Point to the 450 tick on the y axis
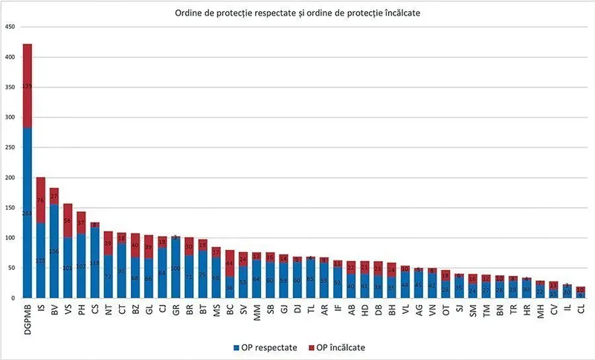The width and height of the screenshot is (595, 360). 10,27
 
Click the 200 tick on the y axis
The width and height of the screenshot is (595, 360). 10,178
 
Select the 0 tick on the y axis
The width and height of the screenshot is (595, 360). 13,298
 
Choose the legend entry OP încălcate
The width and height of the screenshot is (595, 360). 336,347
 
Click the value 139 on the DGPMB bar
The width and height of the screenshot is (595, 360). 28,86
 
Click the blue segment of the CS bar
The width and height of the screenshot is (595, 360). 95,263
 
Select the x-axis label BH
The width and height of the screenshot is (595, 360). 391,308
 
